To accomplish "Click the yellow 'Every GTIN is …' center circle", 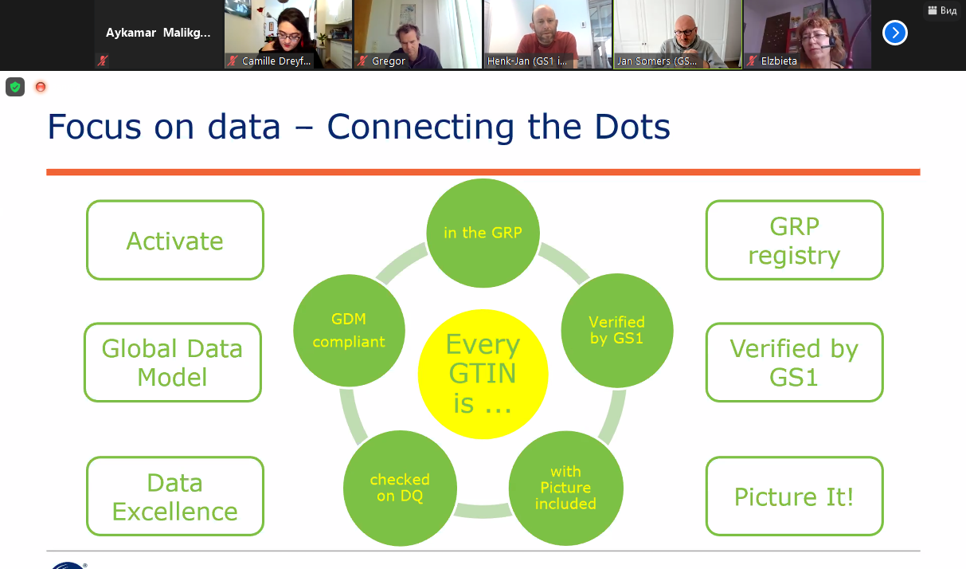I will click(483, 374).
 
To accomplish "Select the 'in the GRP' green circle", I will click(483, 233).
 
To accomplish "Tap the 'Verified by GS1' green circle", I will click(616, 330).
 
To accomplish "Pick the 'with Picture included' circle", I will click(565, 488).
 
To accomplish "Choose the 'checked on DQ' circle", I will click(400, 488).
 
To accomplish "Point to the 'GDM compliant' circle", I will click(349, 330).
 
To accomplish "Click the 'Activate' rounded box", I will click(174, 240).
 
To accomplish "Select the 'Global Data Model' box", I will click(173, 362).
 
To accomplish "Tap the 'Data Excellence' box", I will click(174, 496).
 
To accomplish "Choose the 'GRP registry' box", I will click(794, 240).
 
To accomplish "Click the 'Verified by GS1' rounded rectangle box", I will click(794, 362).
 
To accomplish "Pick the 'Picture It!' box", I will click(794, 496).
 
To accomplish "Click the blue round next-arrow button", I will click(895, 33).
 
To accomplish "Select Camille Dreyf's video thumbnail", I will click(288, 33).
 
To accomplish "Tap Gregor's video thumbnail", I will click(417, 33).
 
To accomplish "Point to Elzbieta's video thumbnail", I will click(807, 33).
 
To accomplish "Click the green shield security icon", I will click(15, 87).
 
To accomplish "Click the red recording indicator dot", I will click(41, 87).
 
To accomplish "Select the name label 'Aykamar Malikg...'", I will click(158, 33).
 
